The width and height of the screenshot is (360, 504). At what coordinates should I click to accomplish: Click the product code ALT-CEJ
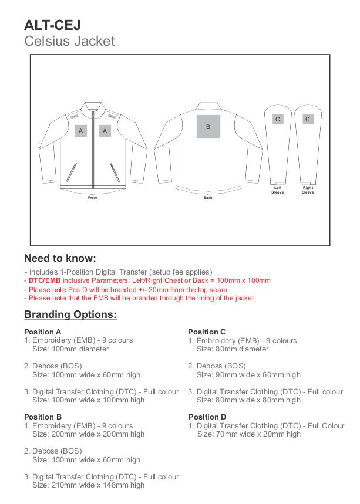tap(52, 25)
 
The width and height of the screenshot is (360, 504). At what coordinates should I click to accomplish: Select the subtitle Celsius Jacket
tap(69, 41)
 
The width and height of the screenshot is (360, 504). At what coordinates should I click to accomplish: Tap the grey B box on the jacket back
tap(208, 127)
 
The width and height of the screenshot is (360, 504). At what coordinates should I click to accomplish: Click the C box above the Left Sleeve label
tap(278, 119)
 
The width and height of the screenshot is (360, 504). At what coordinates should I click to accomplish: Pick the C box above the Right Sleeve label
tap(308, 119)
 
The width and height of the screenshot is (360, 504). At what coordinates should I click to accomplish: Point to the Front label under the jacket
tap(93, 198)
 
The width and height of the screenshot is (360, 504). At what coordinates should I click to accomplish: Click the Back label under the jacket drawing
tap(208, 198)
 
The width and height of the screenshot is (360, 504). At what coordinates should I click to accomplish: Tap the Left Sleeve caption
tap(278, 190)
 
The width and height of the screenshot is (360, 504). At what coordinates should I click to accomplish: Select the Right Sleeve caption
tap(308, 190)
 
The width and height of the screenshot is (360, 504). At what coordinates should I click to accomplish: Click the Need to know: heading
tap(60, 259)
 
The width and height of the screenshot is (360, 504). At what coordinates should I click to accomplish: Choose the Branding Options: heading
tap(70, 314)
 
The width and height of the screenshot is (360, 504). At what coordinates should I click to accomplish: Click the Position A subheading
tap(43, 332)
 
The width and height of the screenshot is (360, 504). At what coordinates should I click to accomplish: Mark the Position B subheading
tap(43, 417)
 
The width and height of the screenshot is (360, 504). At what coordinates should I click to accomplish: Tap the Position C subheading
tap(207, 332)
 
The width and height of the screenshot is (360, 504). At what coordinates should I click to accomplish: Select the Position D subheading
tap(207, 417)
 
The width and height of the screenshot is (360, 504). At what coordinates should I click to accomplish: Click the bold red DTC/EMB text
tap(45, 281)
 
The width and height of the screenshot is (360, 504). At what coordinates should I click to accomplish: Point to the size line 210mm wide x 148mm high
tap(88, 485)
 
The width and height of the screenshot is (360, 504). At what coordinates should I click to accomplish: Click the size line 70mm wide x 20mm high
tap(249, 434)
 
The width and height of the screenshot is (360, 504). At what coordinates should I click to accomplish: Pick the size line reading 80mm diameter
tap(233, 349)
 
